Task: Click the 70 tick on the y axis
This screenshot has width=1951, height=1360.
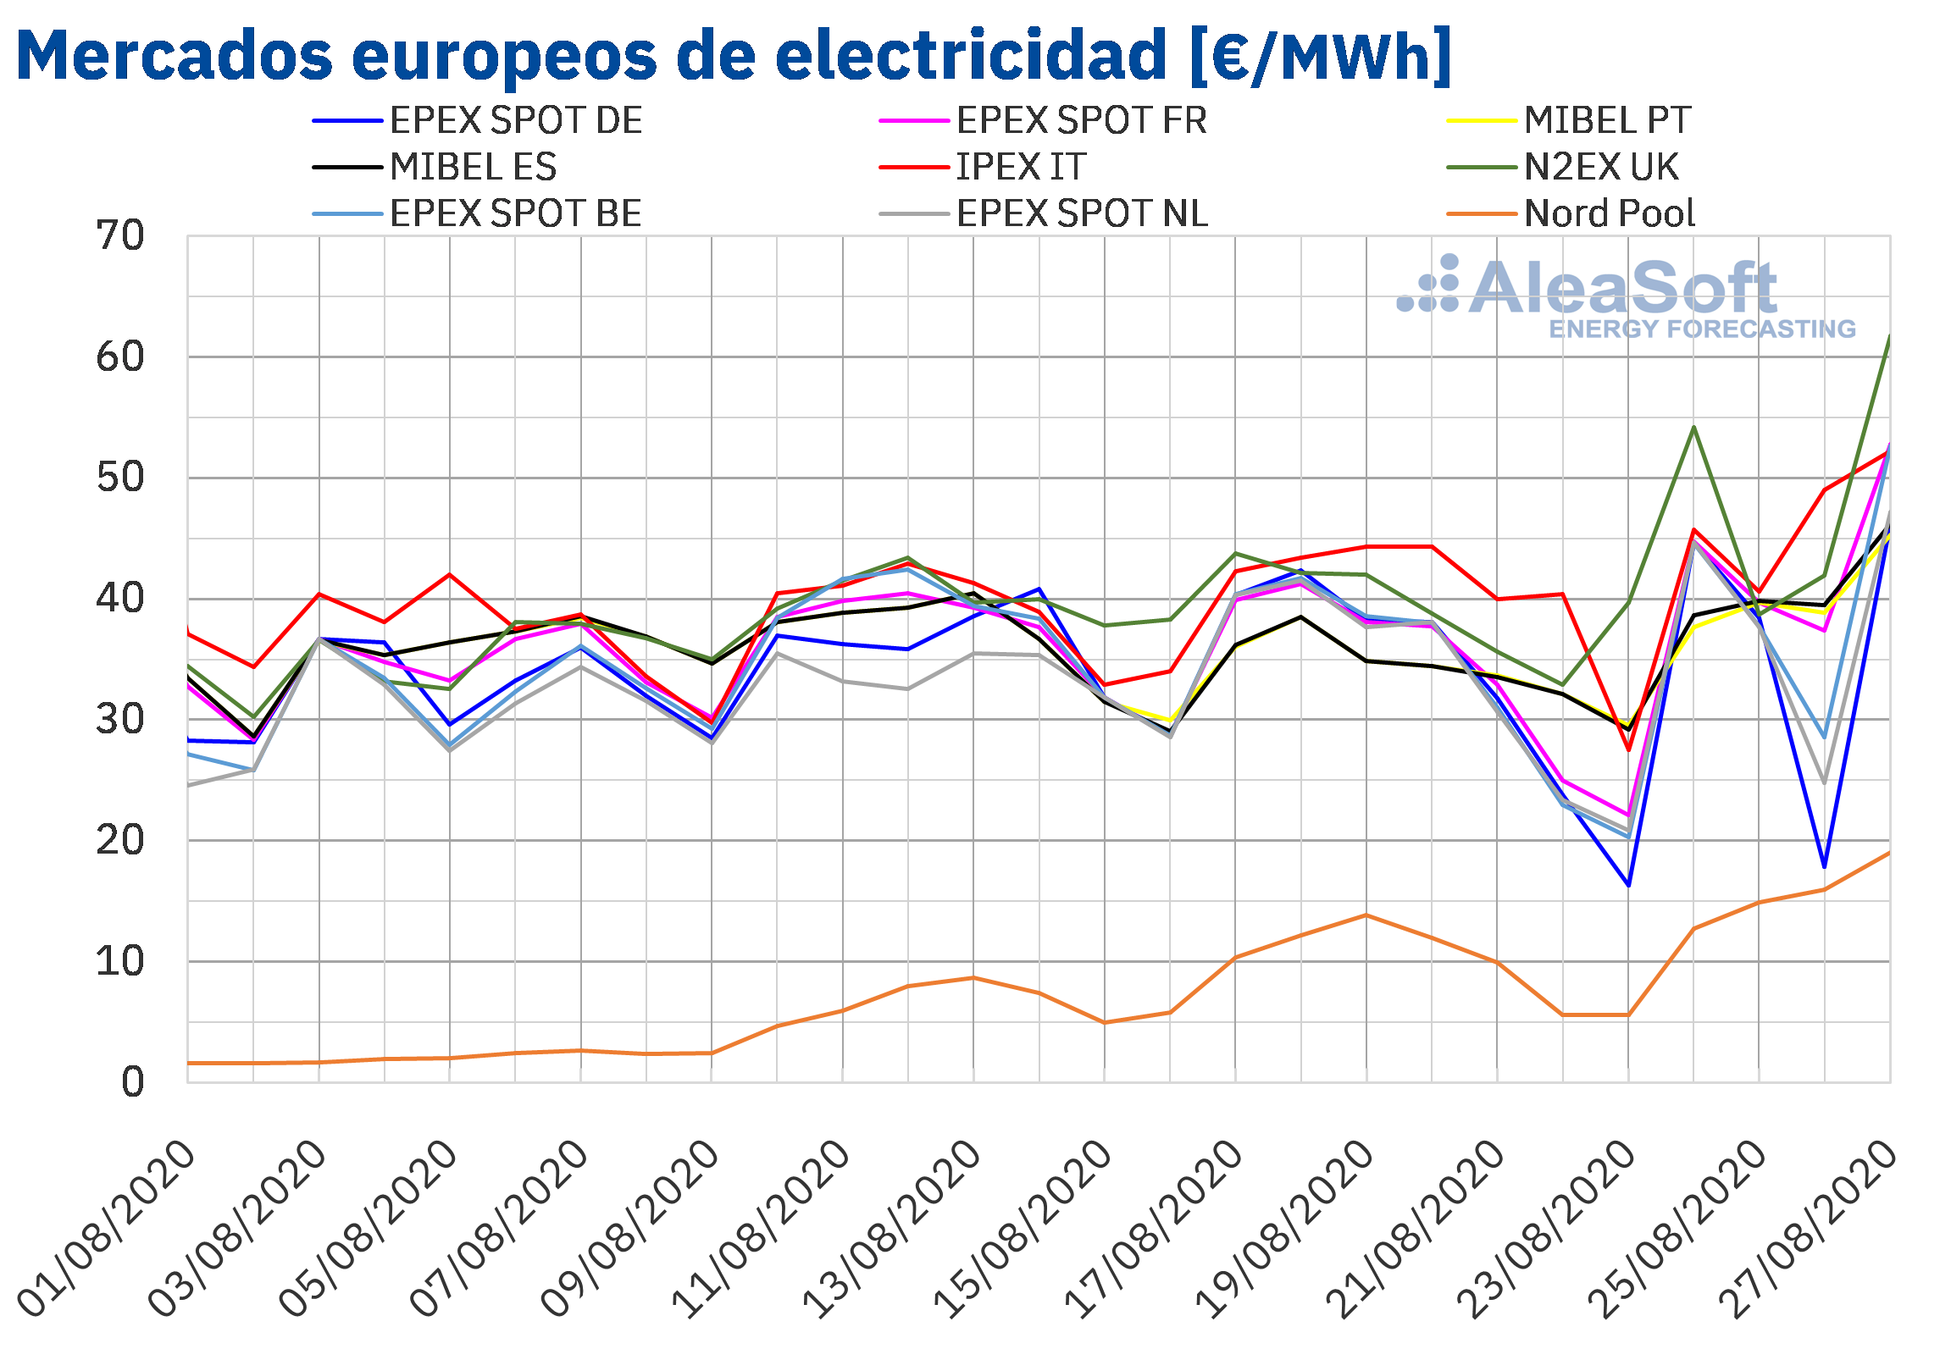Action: (x=120, y=236)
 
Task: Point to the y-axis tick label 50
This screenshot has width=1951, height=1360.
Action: (x=120, y=478)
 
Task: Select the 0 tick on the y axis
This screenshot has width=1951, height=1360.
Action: (x=133, y=1083)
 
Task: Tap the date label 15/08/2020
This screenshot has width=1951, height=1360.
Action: (x=1023, y=1229)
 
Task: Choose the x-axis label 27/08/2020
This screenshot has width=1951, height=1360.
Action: (x=1808, y=1229)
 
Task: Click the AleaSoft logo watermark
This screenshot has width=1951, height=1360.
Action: (x=1627, y=297)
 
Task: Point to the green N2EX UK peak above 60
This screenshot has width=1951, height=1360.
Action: (x=1889, y=336)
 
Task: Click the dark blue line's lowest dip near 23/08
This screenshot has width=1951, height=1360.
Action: (x=1628, y=886)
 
